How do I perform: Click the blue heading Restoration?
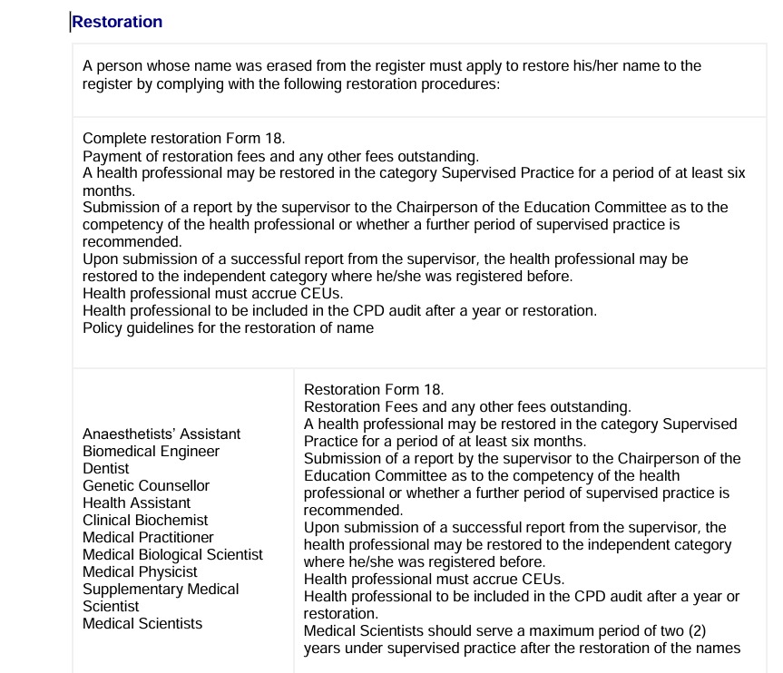point(117,22)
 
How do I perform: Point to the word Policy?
point(102,327)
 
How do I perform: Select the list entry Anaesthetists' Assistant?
point(161,434)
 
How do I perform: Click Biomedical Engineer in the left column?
point(151,451)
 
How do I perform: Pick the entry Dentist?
point(106,468)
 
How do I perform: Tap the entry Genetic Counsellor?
point(146,485)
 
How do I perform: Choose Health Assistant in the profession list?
point(136,502)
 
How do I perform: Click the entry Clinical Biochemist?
point(145,520)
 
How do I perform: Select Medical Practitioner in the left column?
point(148,537)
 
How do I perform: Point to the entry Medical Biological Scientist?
point(172,554)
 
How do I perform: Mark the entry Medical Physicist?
point(139,571)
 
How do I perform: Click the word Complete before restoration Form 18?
point(115,139)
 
